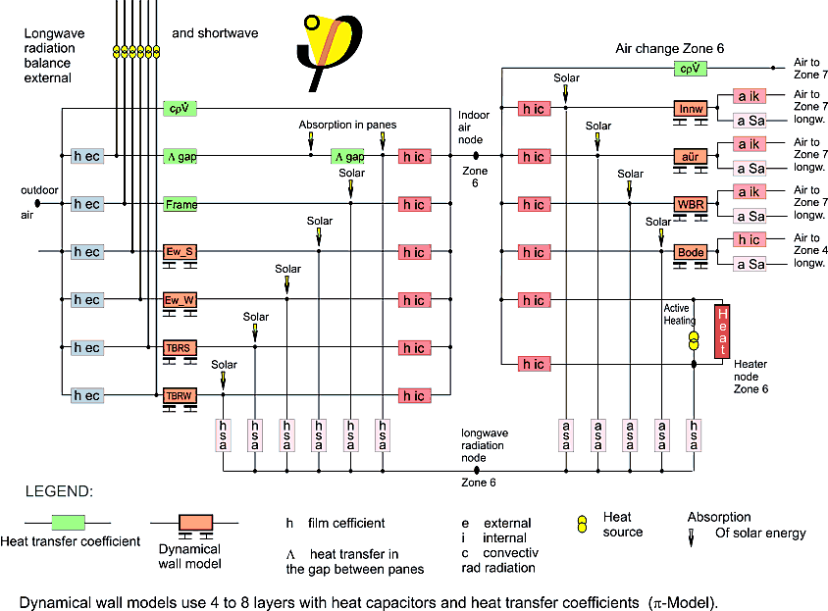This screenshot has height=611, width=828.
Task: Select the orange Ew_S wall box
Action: (x=181, y=252)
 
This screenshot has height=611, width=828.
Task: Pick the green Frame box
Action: (x=181, y=205)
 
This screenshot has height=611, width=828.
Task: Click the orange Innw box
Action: (x=690, y=108)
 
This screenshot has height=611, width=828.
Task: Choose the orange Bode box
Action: (x=690, y=252)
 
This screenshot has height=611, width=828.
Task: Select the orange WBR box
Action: (x=690, y=204)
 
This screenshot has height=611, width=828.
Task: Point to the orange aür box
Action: (x=690, y=156)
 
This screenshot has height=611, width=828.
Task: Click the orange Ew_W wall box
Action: (x=181, y=300)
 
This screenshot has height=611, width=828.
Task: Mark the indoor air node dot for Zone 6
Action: (x=476, y=156)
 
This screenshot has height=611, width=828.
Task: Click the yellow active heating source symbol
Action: (x=694, y=340)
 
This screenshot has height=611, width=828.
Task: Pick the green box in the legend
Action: (x=67, y=522)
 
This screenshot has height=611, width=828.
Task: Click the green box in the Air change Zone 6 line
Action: (x=690, y=69)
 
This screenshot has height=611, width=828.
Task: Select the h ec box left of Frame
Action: (x=86, y=204)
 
